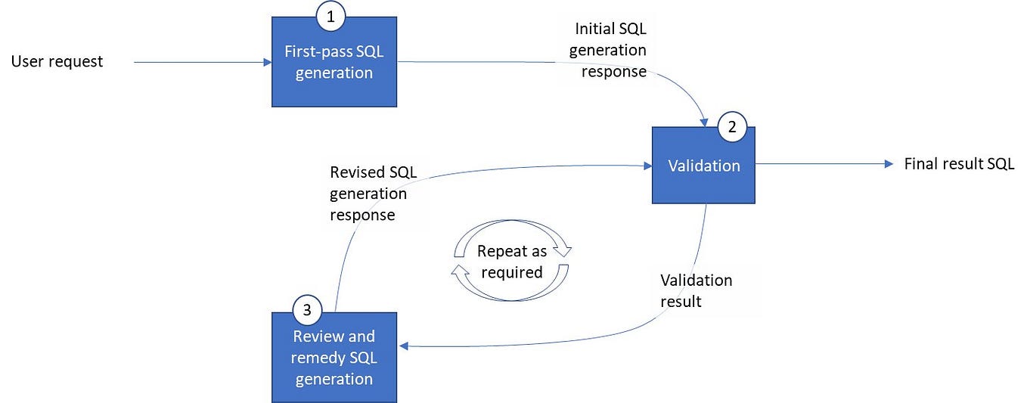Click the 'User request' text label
(x=57, y=62)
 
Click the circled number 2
(x=731, y=127)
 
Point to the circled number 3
(x=307, y=308)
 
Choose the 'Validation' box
(x=703, y=166)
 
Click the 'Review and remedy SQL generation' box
(x=334, y=358)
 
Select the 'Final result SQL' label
(x=959, y=164)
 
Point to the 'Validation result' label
(x=696, y=290)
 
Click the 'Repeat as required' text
(x=511, y=262)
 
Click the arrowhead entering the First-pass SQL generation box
(x=267, y=63)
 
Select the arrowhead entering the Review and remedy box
(x=404, y=346)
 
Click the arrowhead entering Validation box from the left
(x=647, y=165)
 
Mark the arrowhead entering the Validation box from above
(x=705, y=121)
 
